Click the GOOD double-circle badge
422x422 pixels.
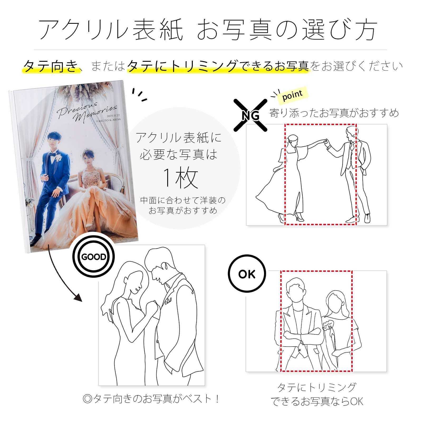coord(94,257)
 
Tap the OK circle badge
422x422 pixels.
coord(247,274)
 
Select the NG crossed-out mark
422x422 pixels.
coord(250,115)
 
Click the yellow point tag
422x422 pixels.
coord(292,95)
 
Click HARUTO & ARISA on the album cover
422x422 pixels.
coord(108,120)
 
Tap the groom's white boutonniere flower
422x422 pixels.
coord(59,158)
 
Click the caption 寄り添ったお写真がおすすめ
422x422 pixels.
coord(334,113)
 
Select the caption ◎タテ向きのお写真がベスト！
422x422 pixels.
coord(151,399)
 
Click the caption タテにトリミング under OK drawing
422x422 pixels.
coord(316,387)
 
